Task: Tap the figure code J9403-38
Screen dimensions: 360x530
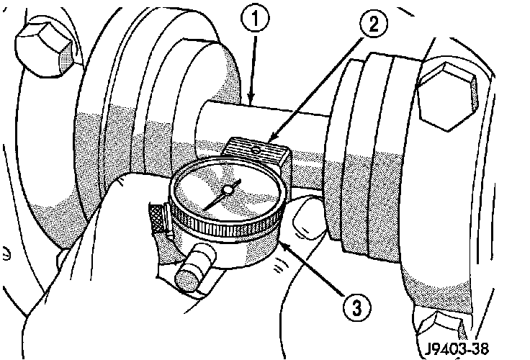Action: click(457, 348)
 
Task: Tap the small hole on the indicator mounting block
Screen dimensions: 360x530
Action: click(257, 150)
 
